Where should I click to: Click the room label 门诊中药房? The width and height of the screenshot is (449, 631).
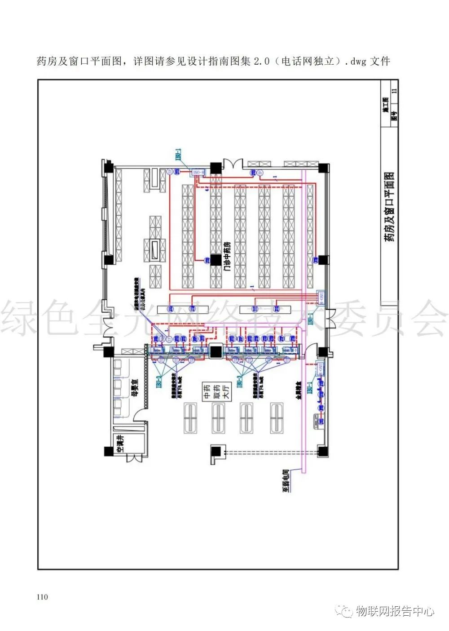[227, 256]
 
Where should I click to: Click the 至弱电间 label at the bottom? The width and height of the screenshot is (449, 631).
[285, 483]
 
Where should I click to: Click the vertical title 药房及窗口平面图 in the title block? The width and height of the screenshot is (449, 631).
[389, 207]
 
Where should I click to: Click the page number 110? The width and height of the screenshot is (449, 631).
[42, 597]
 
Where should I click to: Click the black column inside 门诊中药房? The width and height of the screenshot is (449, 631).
[216, 260]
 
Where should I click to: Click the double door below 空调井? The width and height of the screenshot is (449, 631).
[134, 458]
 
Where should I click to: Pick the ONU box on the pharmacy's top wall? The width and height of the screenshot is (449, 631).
[198, 172]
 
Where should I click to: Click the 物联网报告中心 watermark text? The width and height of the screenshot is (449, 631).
[395, 611]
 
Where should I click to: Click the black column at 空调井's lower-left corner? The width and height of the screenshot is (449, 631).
[108, 451]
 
